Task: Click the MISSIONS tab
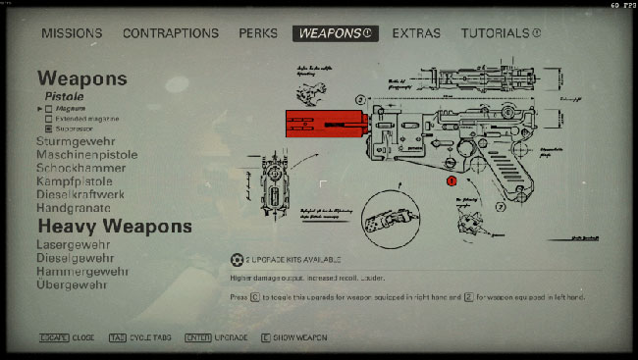tap(72, 33)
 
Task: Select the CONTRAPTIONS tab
tap(170, 33)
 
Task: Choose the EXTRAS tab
tap(416, 33)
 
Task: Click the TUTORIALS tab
tap(501, 33)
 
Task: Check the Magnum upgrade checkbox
tap(49, 109)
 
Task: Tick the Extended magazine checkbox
tap(49, 119)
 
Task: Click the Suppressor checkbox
tap(49, 129)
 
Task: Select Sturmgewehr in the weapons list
tap(78, 142)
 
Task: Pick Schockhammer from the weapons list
tap(81, 168)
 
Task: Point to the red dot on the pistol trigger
tap(452, 181)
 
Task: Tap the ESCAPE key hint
tap(54, 337)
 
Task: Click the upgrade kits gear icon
tap(236, 260)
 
